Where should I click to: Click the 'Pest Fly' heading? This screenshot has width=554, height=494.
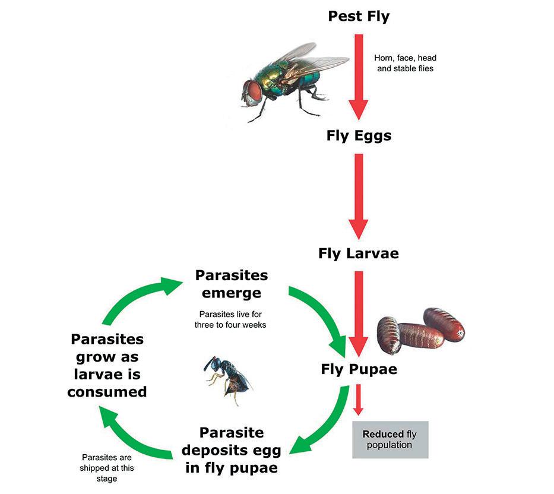tap(359, 16)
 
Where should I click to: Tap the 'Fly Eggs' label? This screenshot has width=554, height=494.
tap(359, 135)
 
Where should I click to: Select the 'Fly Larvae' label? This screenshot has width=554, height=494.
tap(359, 254)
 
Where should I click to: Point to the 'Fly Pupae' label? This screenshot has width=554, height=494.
tap(359, 369)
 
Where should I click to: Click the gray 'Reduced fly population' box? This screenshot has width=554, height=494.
tap(390, 439)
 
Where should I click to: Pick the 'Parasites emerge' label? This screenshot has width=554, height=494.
tap(231, 284)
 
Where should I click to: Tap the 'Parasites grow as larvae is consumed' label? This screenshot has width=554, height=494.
tap(107, 365)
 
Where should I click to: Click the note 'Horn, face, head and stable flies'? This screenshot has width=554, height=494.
tap(405, 63)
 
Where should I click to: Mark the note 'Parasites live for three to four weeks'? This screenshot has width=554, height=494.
tap(231, 319)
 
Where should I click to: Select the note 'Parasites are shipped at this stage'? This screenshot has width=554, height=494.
tap(107, 468)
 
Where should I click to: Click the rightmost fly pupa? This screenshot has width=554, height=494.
tap(444, 324)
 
